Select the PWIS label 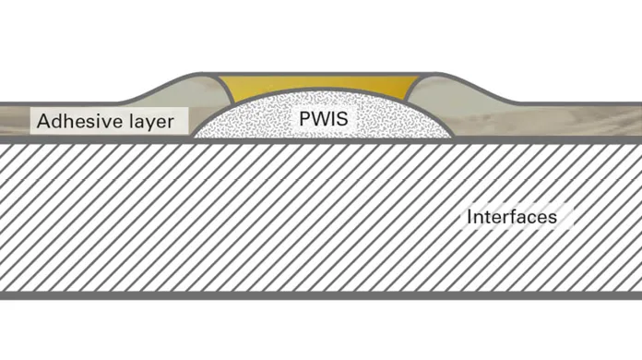coord(324,119)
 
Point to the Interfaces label coord(512,217)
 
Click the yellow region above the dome coord(319,85)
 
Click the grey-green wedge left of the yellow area coord(188,93)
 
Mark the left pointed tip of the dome coord(194,137)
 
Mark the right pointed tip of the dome coord(452,137)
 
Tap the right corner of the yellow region coord(419,77)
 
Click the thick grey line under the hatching coord(321,295)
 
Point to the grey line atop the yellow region coord(318,74)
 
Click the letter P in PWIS coord(305,119)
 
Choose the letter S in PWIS coord(342,119)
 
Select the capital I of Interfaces coord(470,217)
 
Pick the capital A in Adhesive coord(43,121)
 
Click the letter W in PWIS coord(321,119)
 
